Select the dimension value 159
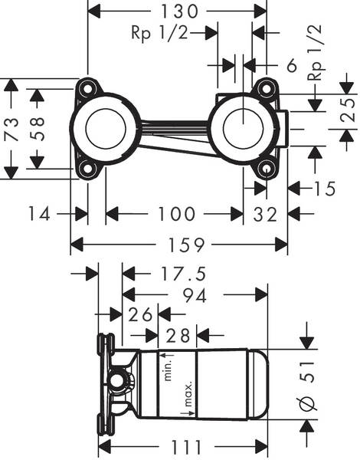pos(179,245)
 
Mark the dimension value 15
pos(325,188)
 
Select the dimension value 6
pos(291,66)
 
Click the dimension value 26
pos(140,314)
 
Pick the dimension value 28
pos(178,335)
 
